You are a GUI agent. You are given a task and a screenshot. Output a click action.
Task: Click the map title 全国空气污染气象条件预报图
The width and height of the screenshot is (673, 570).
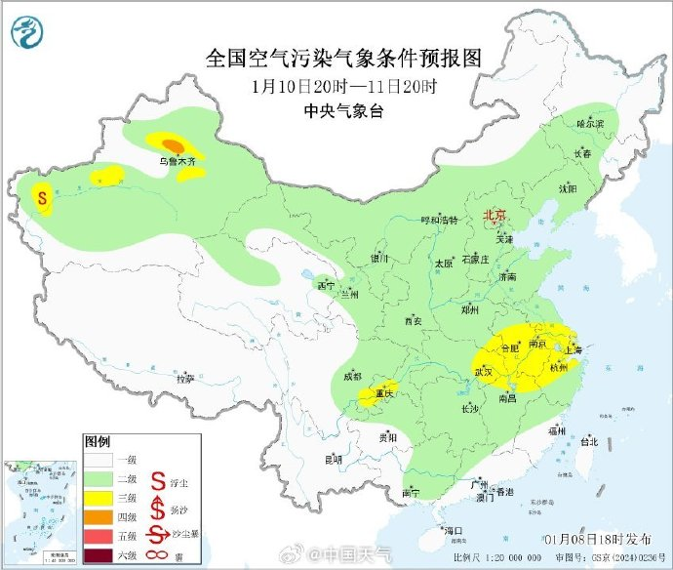344,58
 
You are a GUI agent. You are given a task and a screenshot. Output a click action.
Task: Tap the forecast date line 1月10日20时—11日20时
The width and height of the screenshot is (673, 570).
344,86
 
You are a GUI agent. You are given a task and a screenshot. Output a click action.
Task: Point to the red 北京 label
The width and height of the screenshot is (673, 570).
496,216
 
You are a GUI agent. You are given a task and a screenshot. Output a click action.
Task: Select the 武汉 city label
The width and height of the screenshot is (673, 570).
484,372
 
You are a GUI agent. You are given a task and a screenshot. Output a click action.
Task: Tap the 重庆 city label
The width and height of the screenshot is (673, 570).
378,393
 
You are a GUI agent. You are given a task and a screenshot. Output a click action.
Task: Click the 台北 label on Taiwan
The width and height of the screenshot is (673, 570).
588,441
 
